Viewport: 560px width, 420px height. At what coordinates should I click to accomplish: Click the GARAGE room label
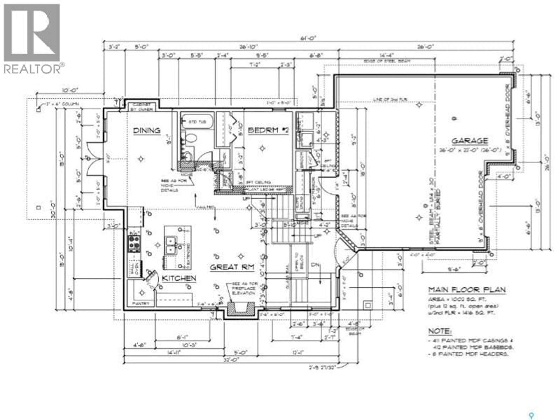pos(470,141)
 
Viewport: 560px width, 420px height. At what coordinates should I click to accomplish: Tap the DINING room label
pos(147,131)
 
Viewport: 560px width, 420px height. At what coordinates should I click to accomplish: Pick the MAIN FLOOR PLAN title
pos(467,290)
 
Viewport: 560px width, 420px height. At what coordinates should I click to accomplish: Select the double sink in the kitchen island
pos(171,245)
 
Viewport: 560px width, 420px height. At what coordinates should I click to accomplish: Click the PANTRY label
pos(141,303)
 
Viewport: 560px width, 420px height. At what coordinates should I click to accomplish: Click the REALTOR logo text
pos(32,69)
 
